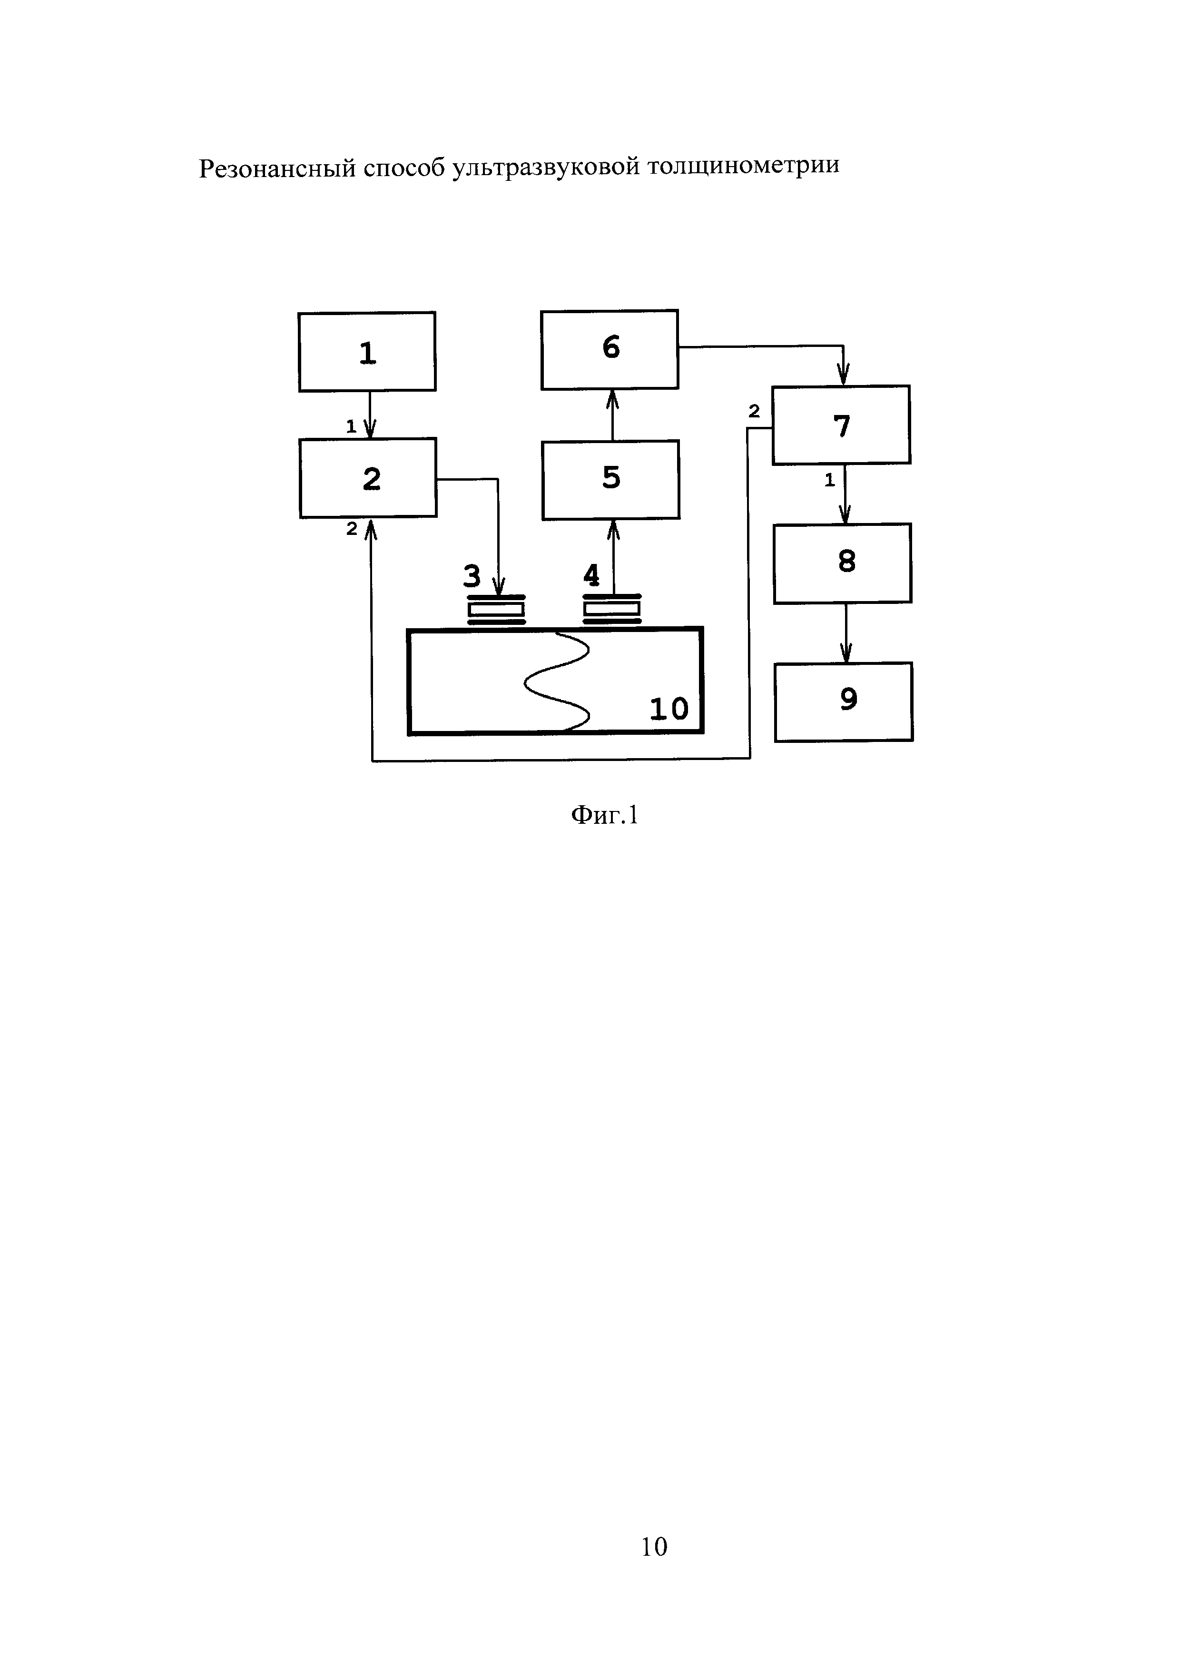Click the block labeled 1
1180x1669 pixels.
(367, 352)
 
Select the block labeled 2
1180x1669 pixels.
(368, 478)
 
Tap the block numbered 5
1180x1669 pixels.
(610, 479)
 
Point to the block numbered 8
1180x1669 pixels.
(842, 563)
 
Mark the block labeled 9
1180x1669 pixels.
(844, 701)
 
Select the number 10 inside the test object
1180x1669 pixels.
(669, 709)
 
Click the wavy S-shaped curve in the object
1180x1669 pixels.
(558, 681)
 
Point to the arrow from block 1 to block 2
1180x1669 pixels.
(370, 415)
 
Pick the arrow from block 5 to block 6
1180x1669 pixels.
(612, 415)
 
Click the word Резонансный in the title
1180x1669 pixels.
(277, 168)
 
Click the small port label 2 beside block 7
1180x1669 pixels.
(754, 412)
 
